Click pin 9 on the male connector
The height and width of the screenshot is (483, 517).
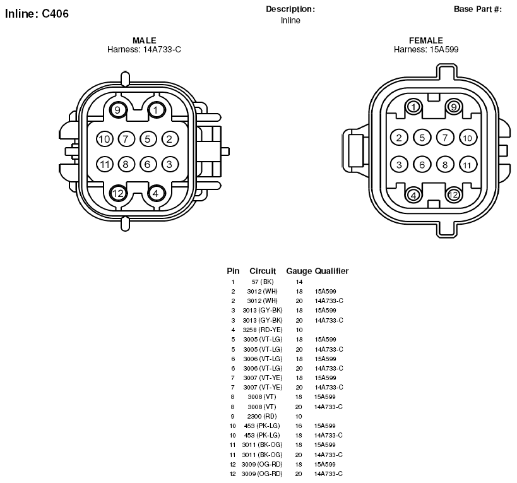[117, 109]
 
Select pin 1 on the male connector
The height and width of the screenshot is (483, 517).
[156, 109]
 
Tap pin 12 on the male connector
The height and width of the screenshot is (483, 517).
[117, 193]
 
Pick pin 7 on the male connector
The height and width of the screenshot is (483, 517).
[126, 139]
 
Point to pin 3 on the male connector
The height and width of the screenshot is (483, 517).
[169, 164]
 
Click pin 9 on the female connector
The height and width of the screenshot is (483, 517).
[453, 107]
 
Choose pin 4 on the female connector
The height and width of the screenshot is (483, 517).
[413, 195]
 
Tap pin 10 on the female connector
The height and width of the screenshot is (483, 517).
[468, 138]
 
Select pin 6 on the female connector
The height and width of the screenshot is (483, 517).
[422, 165]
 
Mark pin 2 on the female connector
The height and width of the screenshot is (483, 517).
[399, 138]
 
